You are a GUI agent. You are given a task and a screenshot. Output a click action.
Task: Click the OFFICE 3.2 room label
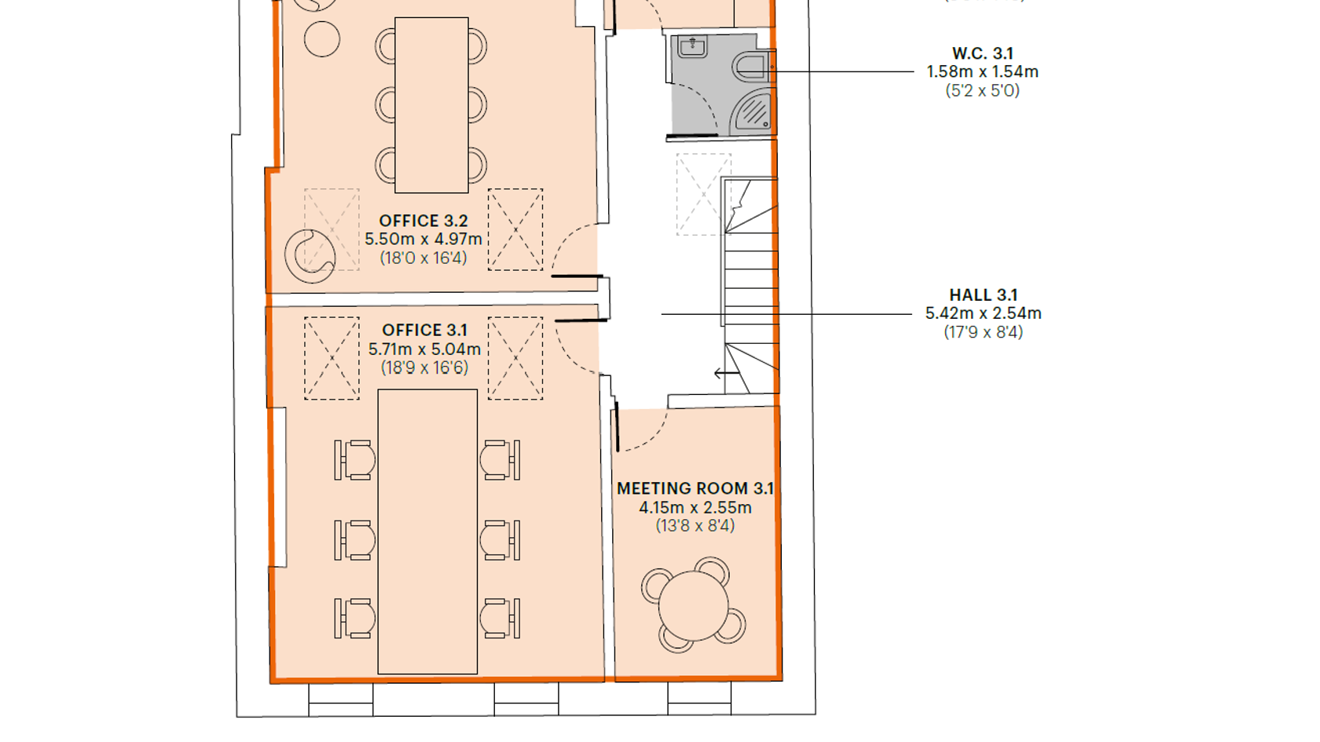coord(423,221)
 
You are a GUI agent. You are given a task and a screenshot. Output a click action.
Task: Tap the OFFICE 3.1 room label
coord(424,331)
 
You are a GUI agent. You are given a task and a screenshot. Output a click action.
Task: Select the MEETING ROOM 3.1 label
coord(695,488)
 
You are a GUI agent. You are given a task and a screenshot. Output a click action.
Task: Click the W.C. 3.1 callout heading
coord(982,53)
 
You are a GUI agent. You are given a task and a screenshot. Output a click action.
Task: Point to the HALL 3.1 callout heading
coord(983,295)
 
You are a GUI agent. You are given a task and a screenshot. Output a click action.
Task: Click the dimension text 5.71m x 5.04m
coord(424,349)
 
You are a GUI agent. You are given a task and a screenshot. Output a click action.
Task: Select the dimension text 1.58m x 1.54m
coord(982,72)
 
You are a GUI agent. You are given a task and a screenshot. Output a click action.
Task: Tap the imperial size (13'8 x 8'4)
coord(695,526)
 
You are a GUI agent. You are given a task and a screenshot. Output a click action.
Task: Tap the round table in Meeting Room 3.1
coord(693,605)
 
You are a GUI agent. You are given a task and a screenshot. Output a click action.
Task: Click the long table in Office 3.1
coord(427,531)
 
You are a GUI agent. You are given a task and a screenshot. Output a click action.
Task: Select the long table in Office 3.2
coord(431,105)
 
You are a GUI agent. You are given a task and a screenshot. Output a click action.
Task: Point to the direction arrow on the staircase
coord(725,373)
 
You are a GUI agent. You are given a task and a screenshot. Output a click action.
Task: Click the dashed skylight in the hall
coord(704,195)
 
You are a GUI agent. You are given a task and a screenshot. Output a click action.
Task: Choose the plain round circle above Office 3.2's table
coord(322,39)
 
